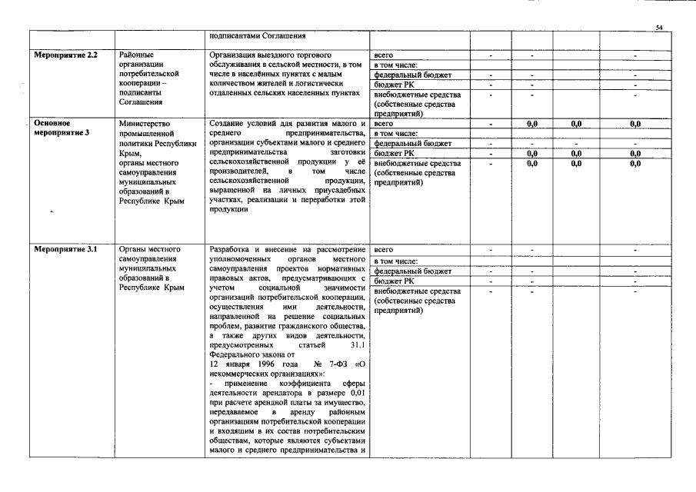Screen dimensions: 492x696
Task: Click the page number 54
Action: [x=659, y=28]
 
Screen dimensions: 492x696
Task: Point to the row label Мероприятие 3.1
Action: [x=65, y=250]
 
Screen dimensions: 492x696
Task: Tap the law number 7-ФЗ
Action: [x=333, y=364]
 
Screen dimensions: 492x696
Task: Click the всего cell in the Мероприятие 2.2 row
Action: [x=383, y=55]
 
